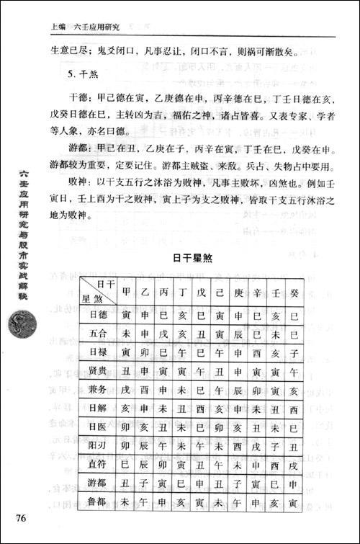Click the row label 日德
point(97,315)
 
